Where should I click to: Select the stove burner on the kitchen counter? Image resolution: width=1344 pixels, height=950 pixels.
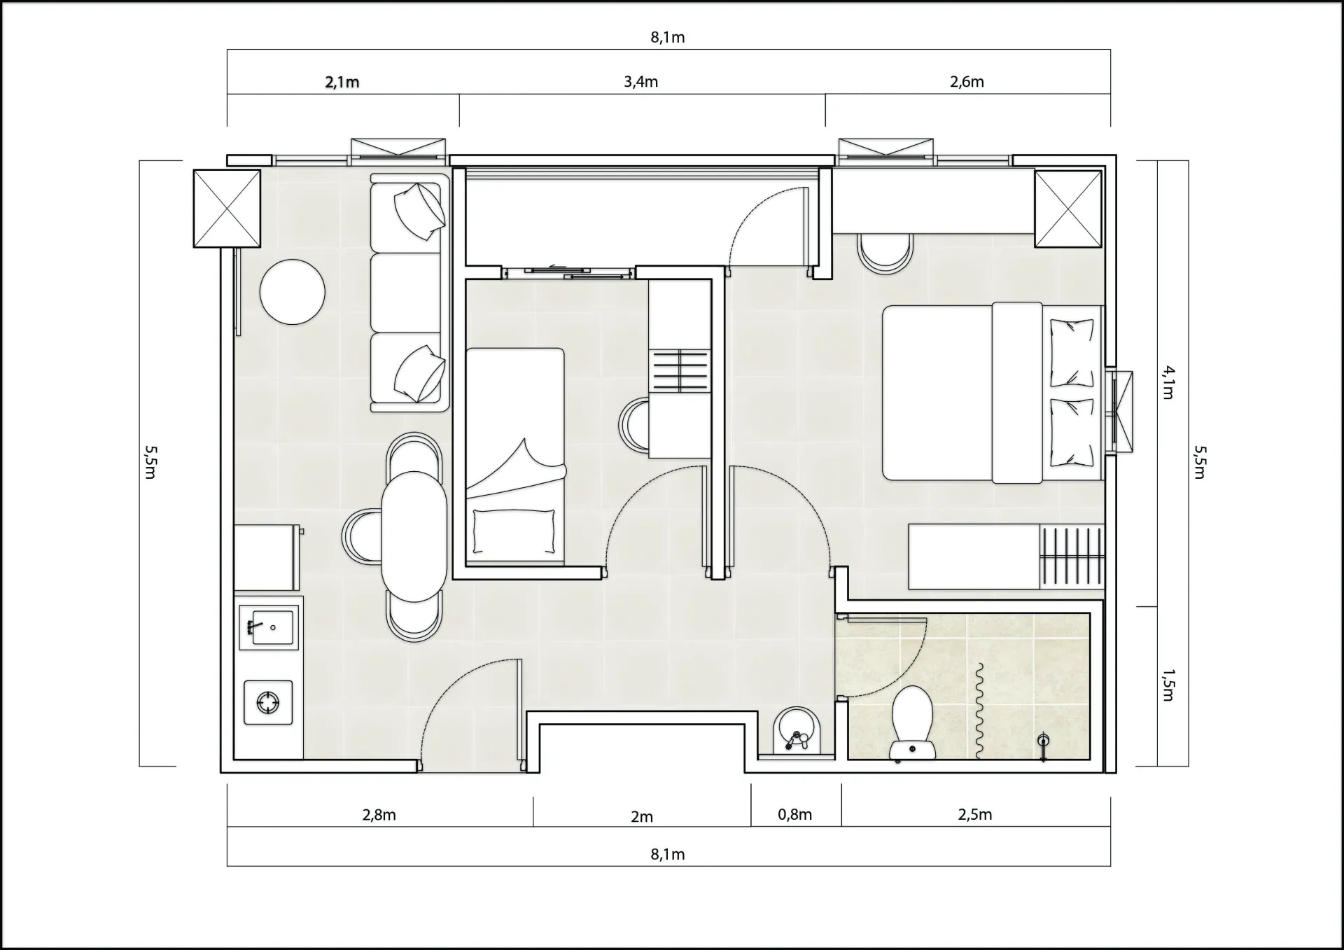268,702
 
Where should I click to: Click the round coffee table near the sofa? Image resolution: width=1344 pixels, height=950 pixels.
293,292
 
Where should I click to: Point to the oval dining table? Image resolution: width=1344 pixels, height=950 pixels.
414,536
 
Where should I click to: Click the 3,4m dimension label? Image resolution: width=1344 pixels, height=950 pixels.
641,82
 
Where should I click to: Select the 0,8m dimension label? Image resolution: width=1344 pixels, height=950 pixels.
795,814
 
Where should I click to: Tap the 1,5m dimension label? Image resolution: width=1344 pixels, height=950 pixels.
1168,685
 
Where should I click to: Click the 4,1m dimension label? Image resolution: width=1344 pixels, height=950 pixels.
1168,382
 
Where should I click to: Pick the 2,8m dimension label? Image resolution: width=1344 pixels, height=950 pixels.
379,815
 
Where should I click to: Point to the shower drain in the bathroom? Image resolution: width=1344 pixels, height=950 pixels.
1043,741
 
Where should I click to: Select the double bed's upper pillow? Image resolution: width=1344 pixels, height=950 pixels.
1072,353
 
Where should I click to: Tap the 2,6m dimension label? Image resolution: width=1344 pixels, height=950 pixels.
967,82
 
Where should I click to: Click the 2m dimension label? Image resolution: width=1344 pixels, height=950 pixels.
642,816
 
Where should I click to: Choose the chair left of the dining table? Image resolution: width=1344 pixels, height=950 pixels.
361,537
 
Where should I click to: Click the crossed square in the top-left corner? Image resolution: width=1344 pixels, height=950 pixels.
227,209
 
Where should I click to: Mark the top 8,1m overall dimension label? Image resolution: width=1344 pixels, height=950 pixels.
668,37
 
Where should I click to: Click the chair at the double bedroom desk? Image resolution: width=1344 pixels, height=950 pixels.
885,253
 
